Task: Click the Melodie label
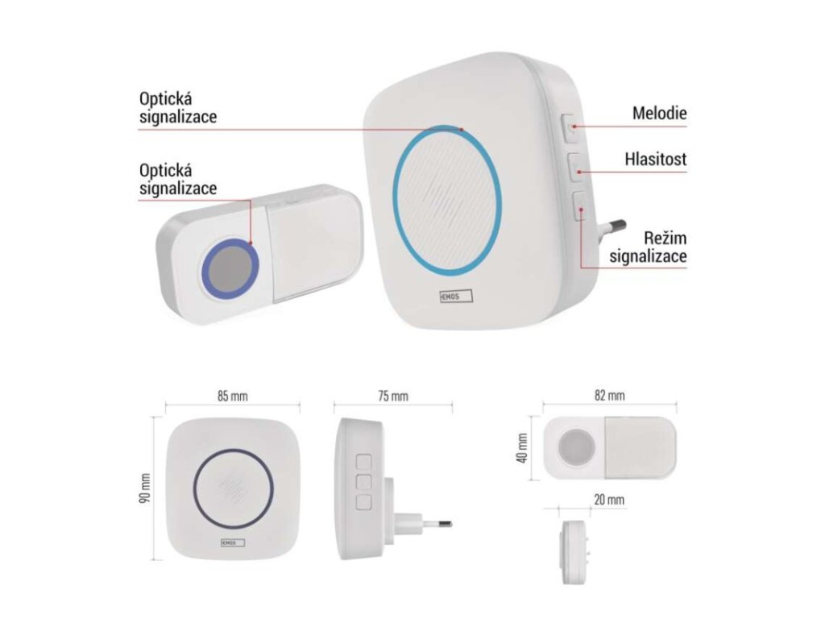point(659,114)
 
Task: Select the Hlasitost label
point(655,160)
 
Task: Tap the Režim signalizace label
point(648,247)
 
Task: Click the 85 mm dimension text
point(232,397)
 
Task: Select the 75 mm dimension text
point(392,397)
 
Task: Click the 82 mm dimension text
point(609,396)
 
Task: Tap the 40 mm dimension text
point(523,448)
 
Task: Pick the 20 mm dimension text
point(609,500)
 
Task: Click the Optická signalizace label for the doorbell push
point(177,179)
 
